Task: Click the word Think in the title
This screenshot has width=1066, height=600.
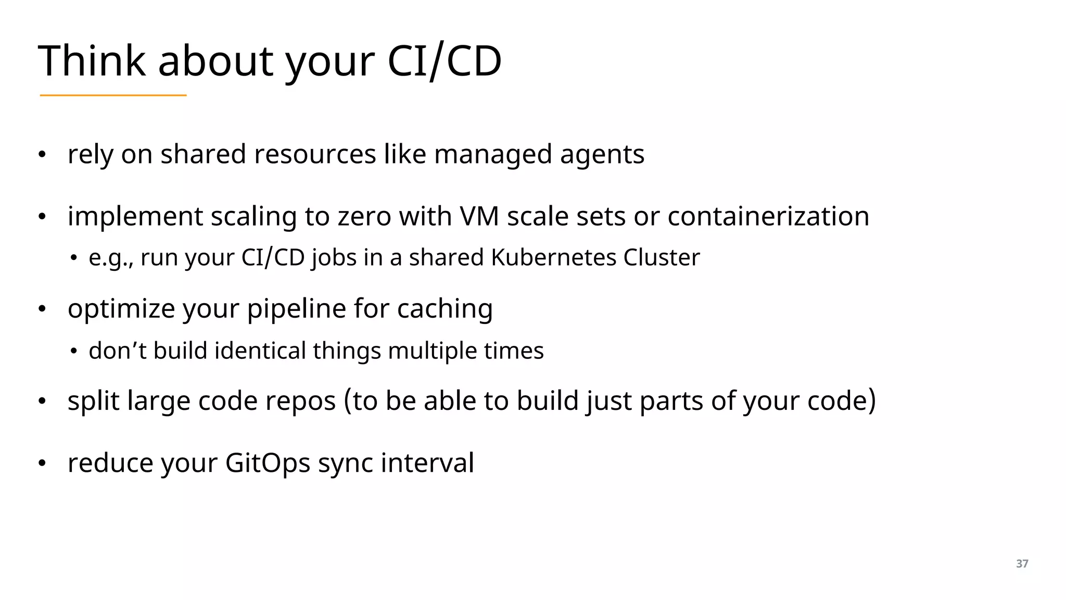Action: (x=92, y=61)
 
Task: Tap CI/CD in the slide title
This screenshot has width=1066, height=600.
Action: (x=445, y=61)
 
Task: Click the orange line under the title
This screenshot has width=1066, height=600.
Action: (x=113, y=95)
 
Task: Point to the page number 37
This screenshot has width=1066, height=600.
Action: (x=1022, y=564)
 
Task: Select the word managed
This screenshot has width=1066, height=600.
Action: (x=492, y=155)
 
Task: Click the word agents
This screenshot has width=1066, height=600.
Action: (x=602, y=155)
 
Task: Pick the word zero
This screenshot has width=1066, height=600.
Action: (x=364, y=216)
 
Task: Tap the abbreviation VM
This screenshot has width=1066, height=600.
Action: (x=479, y=216)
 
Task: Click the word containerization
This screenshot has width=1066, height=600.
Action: (x=768, y=216)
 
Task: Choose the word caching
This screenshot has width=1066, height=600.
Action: (x=445, y=309)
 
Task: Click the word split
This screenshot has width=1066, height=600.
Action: (x=94, y=401)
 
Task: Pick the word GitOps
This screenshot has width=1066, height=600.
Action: (x=268, y=463)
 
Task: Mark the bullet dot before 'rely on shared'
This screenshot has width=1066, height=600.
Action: (x=42, y=155)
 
